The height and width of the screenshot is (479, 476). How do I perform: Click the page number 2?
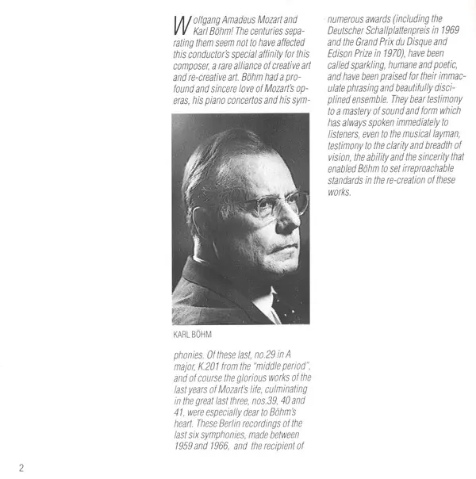21,467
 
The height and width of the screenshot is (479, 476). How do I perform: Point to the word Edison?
341,54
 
